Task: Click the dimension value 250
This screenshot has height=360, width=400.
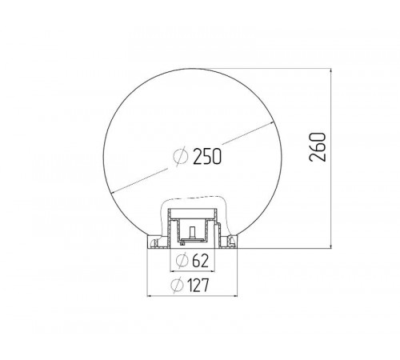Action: point(207,156)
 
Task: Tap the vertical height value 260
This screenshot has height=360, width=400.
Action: point(318,147)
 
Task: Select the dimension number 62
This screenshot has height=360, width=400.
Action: point(199,261)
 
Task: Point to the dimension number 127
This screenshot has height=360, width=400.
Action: point(198,285)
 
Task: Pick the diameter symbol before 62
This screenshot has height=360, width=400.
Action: point(182,261)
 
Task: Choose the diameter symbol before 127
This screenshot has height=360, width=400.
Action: point(177,285)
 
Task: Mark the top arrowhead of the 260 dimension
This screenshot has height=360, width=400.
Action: point(331,71)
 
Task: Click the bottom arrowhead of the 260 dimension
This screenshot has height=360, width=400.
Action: point(331,246)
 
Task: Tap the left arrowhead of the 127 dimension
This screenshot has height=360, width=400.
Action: point(150,295)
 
